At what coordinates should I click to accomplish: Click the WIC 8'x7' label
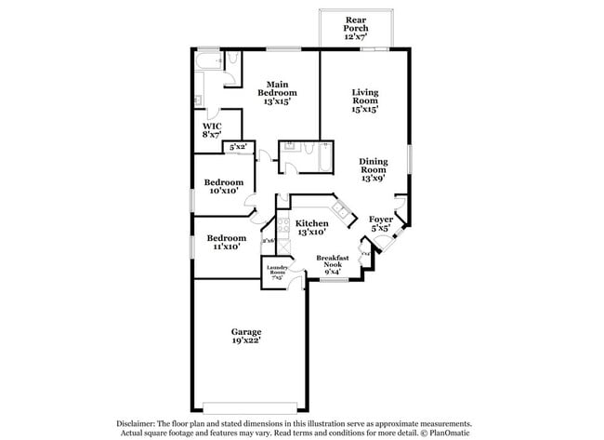point(212,129)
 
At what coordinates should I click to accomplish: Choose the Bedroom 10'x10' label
point(223,186)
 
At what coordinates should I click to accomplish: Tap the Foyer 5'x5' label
point(382,223)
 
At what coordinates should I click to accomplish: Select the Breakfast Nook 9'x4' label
point(332,264)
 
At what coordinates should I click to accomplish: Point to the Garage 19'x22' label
point(246,336)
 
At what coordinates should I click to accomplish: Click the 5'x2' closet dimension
point(238,146)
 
